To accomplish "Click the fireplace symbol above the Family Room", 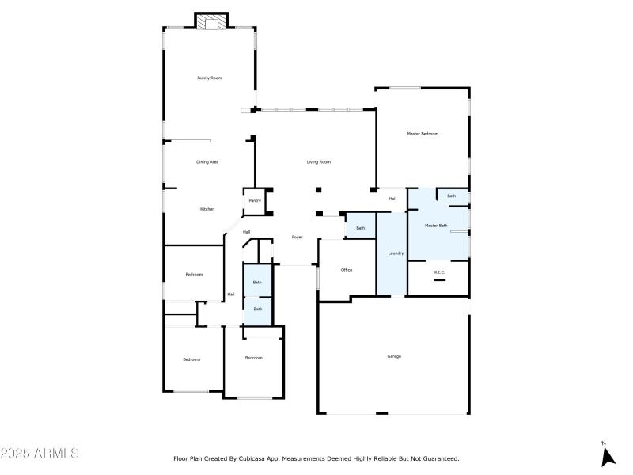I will pos(210,23).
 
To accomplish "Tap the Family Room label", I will pos(209,78).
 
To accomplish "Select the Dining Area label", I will pos(207,162).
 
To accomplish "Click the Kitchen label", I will pos(207,209).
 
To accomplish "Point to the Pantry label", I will pos(255,201).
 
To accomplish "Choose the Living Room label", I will pos(319,162).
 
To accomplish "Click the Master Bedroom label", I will pos(423,134).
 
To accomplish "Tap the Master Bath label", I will pos(436,226).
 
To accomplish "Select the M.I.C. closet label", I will pos(439,272).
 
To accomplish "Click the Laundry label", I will pos(396,253).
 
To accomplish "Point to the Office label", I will pos(347,270).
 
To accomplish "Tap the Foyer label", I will pos(298,237).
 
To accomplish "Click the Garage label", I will pos(394,356).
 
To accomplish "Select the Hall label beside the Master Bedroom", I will pos(392,199).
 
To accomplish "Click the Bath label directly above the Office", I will pos(361,228).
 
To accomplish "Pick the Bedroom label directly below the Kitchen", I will pos(194,275).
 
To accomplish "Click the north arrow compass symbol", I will pos(608,455).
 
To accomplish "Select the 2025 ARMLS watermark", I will pos(40,454).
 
